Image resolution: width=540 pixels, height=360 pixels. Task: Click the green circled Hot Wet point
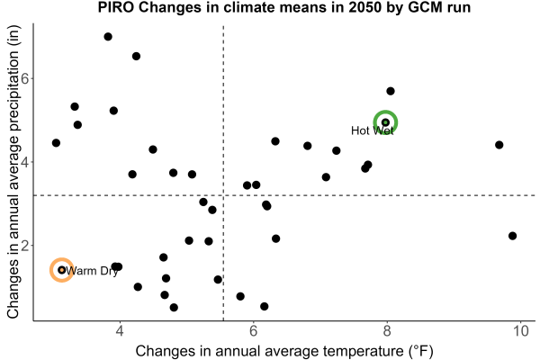[385, 122]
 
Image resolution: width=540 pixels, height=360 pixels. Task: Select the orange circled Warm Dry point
[61, 270]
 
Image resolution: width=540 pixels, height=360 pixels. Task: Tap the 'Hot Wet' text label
[373, 130]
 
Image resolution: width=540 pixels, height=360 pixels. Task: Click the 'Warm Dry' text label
[92, 271]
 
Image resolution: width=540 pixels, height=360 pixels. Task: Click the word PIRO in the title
[116, 7]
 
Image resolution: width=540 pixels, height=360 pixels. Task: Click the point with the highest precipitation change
[108, 37]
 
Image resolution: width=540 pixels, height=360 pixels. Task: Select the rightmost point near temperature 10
[512, 236]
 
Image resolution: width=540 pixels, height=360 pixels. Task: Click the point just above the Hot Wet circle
[391, 91]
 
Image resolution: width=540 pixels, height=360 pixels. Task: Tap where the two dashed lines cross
[223, 195]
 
